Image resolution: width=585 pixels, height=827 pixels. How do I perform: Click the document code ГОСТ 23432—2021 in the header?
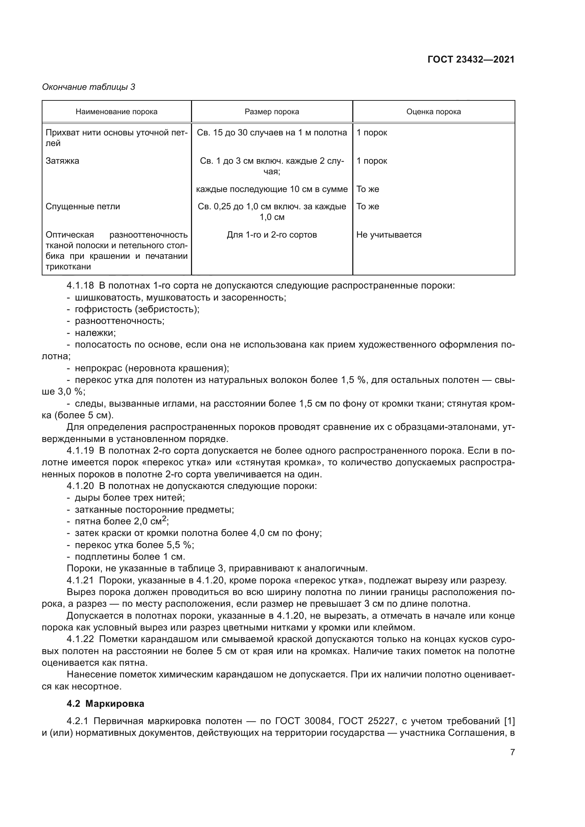[x=471, y=59]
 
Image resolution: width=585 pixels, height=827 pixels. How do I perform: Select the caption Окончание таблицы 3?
[x=89, y=87]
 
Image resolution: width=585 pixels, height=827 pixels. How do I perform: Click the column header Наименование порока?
[x=116, y=112]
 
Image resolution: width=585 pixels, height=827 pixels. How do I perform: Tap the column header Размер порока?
[x=272, y=112]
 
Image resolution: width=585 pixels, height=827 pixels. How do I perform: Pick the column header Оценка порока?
[x=433, y=112]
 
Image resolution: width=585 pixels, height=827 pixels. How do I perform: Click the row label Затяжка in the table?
[x=62, y=161]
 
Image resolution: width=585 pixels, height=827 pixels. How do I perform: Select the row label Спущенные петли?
[x=82, y=206]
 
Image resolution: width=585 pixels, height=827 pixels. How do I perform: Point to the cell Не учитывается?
[x=389, y=235]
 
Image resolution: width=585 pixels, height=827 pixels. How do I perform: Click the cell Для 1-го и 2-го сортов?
[x=272, y=235]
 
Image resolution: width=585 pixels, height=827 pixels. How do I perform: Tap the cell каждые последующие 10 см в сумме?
[x=272, y=189]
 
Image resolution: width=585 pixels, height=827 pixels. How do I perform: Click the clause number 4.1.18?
[x=80, y=286]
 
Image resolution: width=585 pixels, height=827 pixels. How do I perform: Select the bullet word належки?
[x=95, y=333]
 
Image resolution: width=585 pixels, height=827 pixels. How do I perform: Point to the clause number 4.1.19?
[x=80, y=450]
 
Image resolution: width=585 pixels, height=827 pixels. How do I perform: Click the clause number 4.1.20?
[x=80, y=486]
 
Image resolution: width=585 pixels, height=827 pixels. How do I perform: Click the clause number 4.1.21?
[x=80, y=580]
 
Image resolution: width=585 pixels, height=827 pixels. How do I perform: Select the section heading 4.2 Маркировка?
[x=105, y=704]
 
